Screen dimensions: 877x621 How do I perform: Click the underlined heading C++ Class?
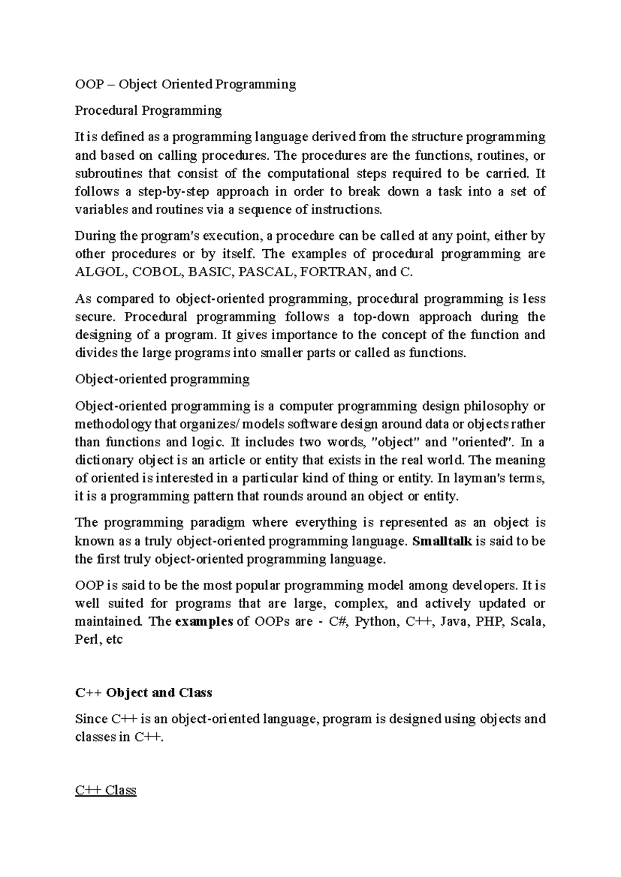point(106,790)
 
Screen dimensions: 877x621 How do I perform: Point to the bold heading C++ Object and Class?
point(143,692)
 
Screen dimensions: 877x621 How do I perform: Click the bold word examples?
point(204,622)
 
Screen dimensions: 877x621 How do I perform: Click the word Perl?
point(87,640)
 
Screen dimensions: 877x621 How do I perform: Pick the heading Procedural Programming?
point(148,110)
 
